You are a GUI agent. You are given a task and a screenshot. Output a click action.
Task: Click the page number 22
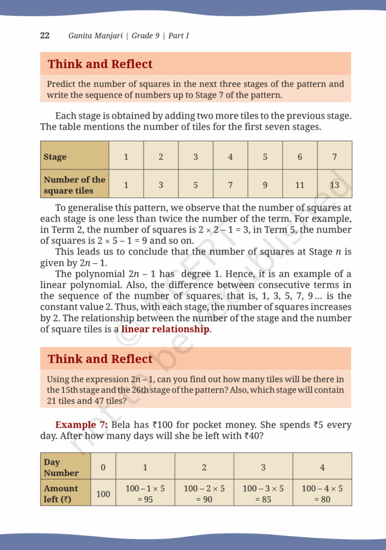coord(45,35)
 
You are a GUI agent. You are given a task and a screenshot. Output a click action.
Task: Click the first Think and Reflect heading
coord(100,64)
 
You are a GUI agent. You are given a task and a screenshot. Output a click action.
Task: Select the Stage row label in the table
coord(55,157)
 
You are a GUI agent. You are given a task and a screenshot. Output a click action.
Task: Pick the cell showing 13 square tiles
coord(334,185)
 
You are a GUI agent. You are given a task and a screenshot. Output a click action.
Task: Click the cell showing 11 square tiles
coord(299,185)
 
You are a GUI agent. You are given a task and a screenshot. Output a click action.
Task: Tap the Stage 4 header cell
coord(230,157)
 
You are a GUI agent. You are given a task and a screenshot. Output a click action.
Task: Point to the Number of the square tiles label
coord(74,185)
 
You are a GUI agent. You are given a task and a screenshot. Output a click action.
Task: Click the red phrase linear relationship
coord(165,329)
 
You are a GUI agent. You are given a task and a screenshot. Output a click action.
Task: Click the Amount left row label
coord(61,494)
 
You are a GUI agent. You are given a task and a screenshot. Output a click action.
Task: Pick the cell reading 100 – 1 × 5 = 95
coord(145,494)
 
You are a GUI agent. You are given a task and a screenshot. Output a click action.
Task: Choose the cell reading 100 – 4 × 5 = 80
coord(322,494)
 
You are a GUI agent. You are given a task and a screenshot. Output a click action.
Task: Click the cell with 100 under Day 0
coord(103,494)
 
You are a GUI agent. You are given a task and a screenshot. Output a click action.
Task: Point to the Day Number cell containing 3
coord(263,467)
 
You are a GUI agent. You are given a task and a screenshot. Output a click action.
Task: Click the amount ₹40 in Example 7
coord(252,436)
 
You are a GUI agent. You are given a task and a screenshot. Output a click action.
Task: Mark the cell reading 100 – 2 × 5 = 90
coord(204,494)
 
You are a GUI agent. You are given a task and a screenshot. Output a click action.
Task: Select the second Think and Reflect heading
coord(100,359)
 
